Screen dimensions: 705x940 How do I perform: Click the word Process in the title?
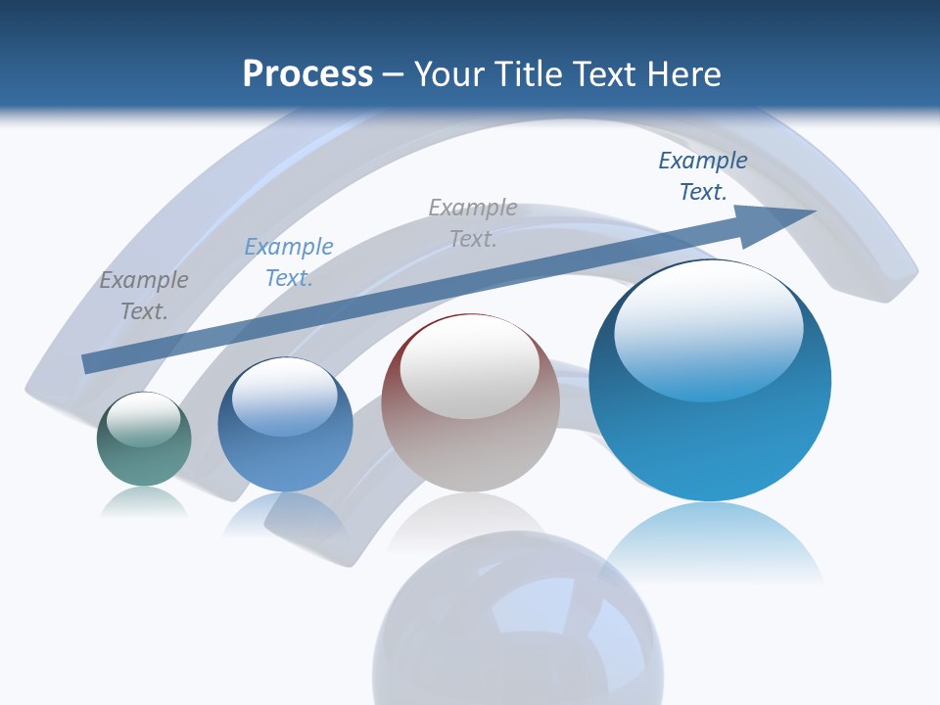click(x=307, y=74)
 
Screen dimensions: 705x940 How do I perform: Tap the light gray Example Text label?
click(x=473, y=222)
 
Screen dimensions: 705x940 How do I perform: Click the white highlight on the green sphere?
click(x=143, y=419)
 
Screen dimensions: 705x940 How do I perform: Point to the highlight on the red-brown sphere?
click(x=470, y=366)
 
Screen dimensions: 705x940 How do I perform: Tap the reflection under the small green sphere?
click(x=144, y=503)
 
